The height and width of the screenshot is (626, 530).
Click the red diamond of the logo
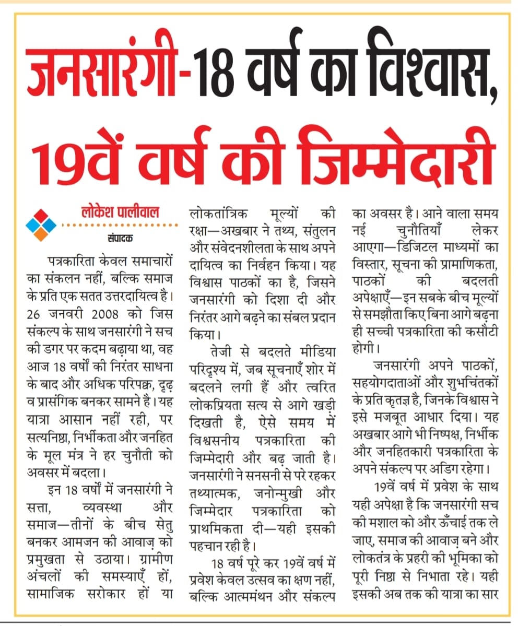click(x=41, y=216)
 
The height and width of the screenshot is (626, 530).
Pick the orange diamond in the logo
click(x=41, y=235)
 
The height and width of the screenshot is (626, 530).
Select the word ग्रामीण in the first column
click(x=154, y=558)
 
